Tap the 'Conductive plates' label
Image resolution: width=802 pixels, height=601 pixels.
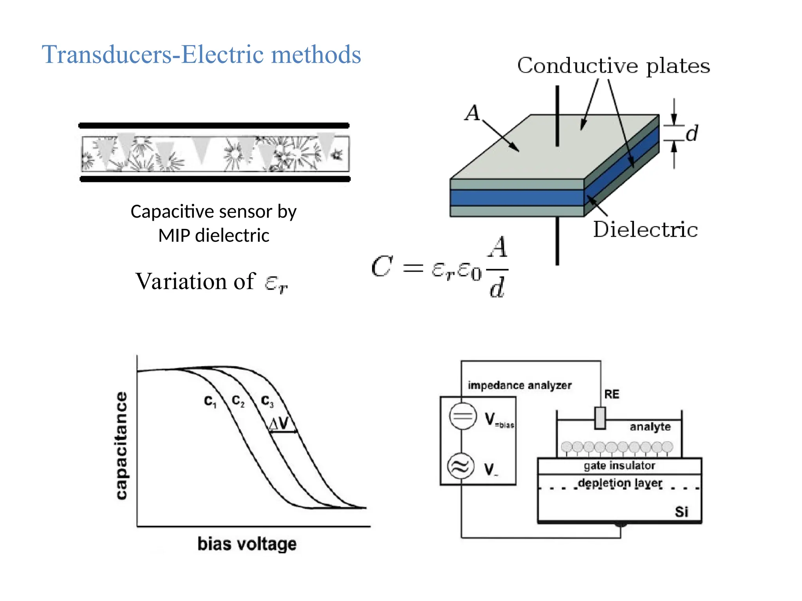[x=613, y=66]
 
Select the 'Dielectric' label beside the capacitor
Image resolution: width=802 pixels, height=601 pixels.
[x=645, y=230]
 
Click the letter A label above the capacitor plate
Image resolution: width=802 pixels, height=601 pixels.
[x=472, y=113]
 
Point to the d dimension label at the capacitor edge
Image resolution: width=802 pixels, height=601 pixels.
[x=692, y=133]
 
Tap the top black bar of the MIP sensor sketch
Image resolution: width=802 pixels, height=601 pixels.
[x=214, y=126]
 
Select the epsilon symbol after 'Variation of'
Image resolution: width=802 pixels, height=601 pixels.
[x=276, y=283]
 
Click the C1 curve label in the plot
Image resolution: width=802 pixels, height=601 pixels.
[x=210, y=401]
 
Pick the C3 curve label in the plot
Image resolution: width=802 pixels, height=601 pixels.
[x=267, y=401]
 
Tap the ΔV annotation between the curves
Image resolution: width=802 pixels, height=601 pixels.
[x=279, y=423]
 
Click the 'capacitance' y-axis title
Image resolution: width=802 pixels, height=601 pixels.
[x=122, y=446]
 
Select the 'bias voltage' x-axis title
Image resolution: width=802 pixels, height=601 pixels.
[x=247, y=544]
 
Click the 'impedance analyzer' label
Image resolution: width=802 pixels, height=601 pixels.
[x=519, y=385]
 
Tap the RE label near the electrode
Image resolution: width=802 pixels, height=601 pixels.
[x=611, y=394]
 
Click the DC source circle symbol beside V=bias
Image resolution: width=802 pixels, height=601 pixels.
[x=462, y=416]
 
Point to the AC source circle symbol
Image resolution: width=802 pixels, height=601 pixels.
[x=461, y=466]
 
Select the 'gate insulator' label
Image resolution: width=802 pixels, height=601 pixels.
[x=619, y=466]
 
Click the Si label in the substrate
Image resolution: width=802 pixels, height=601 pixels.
[x=681, y=512]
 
